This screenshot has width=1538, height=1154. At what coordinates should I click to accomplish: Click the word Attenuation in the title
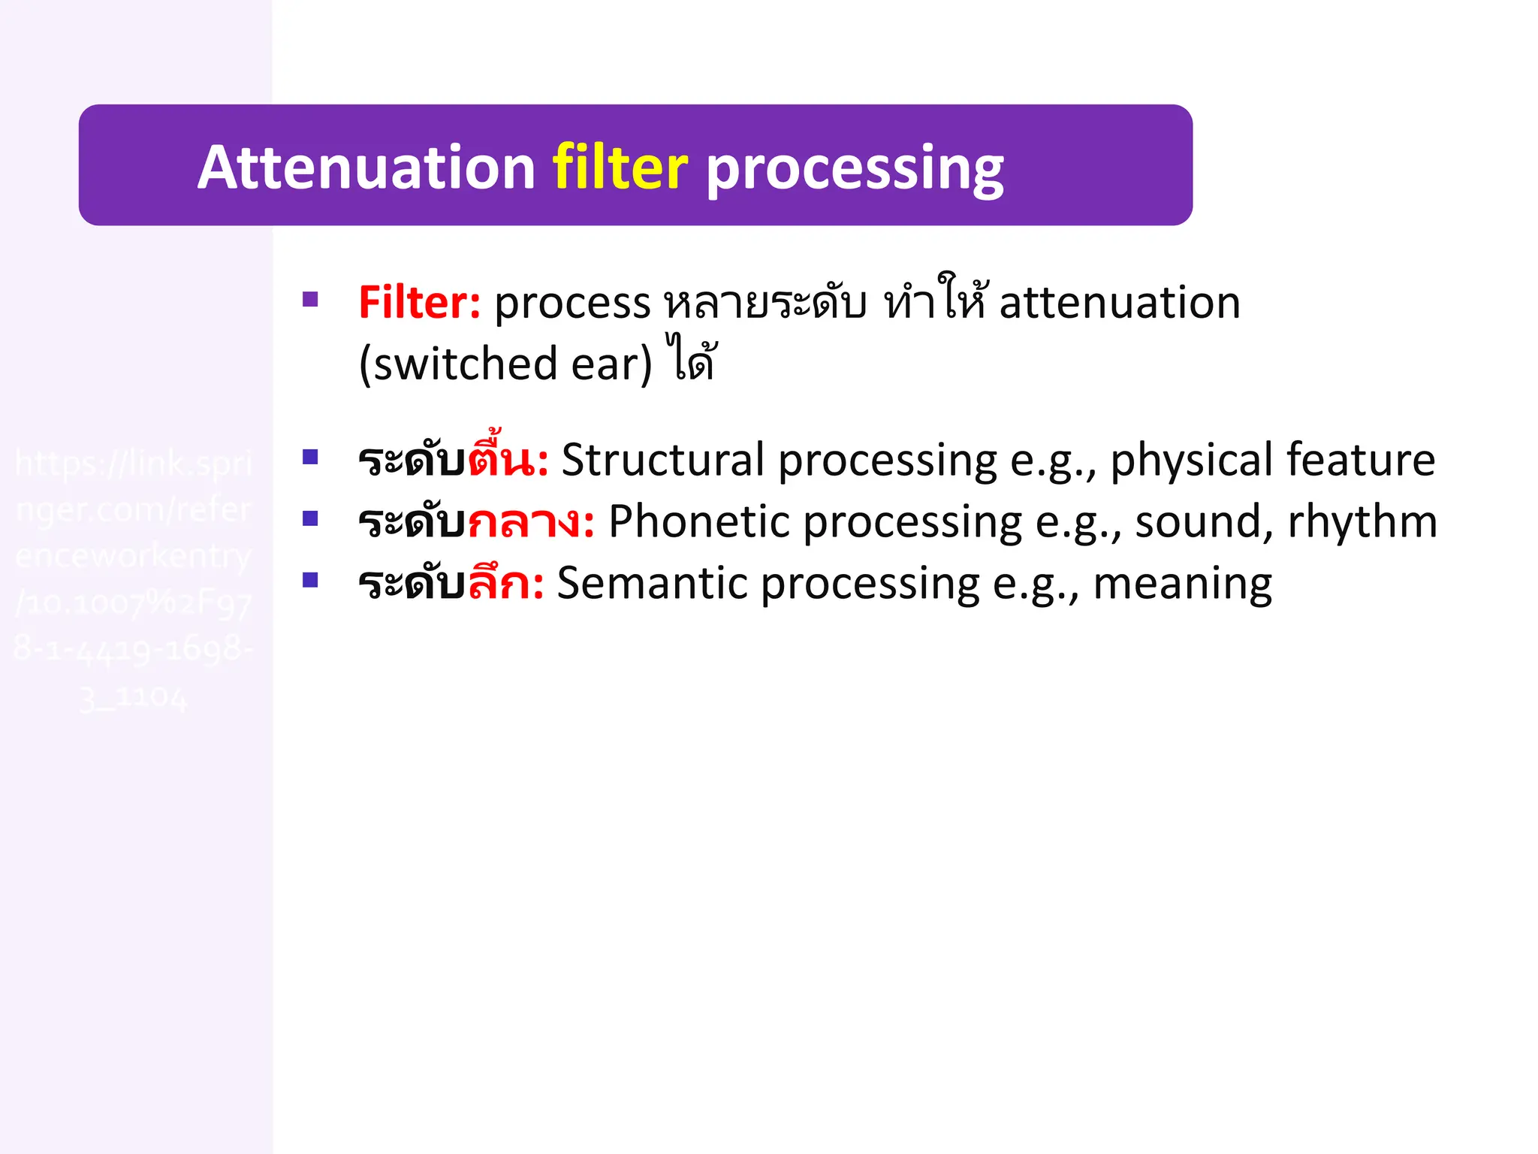tap(366, 168)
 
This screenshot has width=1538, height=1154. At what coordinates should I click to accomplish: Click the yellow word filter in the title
tap(620, 168)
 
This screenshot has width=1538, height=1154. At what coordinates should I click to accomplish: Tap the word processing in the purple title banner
tap(854, 169)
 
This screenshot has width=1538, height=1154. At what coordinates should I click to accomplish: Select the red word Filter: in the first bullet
tap(419, 303)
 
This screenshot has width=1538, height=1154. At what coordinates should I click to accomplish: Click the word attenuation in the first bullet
tap(1119, 303)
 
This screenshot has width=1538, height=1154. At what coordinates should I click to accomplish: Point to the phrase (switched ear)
tap(505, 364)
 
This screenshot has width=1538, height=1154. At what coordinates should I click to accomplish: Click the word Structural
tap(662, 460)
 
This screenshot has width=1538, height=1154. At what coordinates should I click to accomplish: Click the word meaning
tap(1182, 585)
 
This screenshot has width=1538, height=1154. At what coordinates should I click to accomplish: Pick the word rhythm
tap(1362, 521)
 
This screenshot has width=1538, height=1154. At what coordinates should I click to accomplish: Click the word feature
tap(1360, 460)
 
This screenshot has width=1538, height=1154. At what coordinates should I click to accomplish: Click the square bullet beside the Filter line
tap(310, 300)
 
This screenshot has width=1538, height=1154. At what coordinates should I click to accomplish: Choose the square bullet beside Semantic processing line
tap(310, 579)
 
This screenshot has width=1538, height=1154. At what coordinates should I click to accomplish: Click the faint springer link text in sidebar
tap(134, 579)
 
